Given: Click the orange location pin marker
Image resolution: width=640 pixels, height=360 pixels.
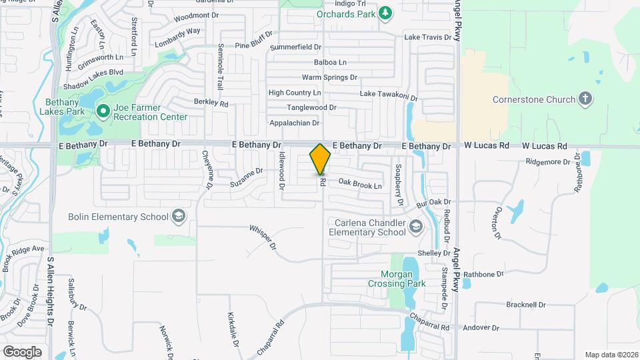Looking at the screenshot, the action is point(321,159).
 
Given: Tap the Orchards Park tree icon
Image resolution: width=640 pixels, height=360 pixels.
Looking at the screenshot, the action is point(385,13).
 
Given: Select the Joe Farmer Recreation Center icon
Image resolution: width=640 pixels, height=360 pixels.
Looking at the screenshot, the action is point(102,111).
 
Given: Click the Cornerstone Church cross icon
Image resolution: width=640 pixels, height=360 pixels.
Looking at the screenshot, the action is point(585,99).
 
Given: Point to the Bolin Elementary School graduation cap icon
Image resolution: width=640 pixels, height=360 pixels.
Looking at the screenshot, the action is point(178,216).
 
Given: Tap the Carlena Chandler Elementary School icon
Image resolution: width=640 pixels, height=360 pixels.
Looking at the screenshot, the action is point(416,226).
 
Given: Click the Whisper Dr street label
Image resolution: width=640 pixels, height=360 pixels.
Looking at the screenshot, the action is point(263,236).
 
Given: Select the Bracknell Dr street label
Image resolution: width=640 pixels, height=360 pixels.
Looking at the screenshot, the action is point(525,305).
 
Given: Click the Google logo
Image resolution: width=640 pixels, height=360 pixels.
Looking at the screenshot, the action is point(22,351).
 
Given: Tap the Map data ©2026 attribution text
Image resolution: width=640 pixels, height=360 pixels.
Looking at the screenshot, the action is point(611,355).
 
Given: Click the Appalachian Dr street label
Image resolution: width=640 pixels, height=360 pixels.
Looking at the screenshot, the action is point(294,123).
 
